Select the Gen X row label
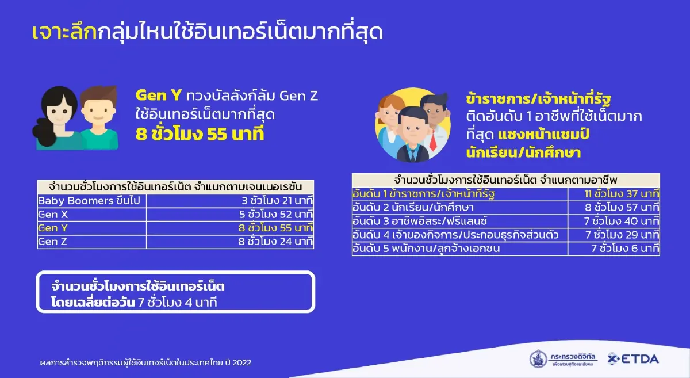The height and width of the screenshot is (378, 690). click(48, 215)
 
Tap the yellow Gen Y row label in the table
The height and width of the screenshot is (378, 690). click(48, 228)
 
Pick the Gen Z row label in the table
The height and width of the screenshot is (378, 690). click(48, 242)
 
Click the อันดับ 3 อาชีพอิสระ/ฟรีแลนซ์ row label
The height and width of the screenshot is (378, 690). click(420, 222)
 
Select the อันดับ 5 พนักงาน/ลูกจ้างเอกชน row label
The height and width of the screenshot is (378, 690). click(426, 249)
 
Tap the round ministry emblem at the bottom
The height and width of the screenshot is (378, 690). click(539, 359)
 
